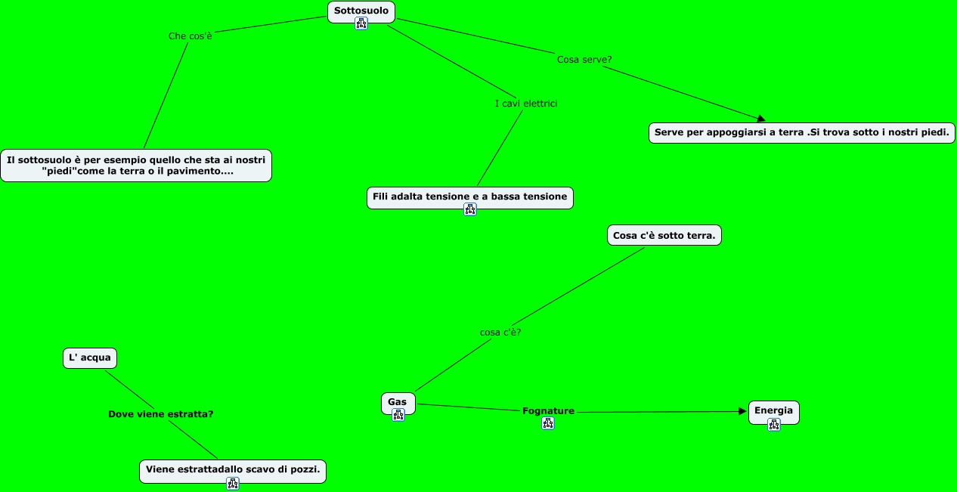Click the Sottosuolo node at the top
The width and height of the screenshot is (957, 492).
click(361, 11)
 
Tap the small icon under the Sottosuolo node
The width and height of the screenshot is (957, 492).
click(361, 23)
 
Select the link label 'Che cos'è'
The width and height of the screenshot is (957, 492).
click(190, 36)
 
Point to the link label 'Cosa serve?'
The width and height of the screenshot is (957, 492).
click(584, 59)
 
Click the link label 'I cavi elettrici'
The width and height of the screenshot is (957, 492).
click(526, 104)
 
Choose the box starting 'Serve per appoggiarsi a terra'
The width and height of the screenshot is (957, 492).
click(801, 132)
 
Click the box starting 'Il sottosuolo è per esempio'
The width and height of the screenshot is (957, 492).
click(136, 166)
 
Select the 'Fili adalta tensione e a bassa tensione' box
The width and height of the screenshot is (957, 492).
click(469, 197)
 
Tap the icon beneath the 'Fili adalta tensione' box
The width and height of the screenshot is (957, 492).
click(470, 209)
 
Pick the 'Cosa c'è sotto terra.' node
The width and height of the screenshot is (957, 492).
click(664, 236)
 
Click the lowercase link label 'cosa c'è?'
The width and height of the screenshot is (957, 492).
click(500, 332)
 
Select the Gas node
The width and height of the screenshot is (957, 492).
click(398, 403)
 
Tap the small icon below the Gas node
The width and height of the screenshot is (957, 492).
click(398, 415)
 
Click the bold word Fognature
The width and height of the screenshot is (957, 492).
click(548, 411)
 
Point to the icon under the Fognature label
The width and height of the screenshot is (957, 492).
click(548, 423)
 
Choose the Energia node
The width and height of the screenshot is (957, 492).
click(773, 412)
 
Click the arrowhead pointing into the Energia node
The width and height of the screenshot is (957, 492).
click(743, 411)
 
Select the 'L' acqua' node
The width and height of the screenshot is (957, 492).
click(90, 358)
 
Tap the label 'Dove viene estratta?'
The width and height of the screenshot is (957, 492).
click(160, 414)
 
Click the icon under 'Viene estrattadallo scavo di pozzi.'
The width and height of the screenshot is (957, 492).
click(233, 483)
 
